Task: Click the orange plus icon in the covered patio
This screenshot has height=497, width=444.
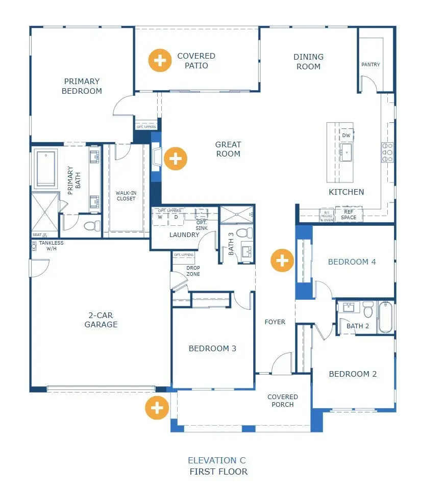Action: pyautogui.click(x=160, y=61)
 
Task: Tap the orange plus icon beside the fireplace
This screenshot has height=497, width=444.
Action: pyautogui.click(x=175, y=159)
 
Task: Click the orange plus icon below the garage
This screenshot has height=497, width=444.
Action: pyautogui.click(x=157, y=408)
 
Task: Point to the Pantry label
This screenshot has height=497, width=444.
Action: pyautogui.click(x=371, y=65)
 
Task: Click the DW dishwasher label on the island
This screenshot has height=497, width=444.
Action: pyautogui.click(x=346, y=136)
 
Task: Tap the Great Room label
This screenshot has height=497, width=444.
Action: pyautogui.click(x=228, y=149)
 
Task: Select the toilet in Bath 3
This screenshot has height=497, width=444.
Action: pyautogui.click(x=245, y=233)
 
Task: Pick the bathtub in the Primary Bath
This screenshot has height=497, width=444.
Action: pyautogui.click(x=46, y=169)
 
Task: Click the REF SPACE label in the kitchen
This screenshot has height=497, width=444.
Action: pyautogui.click(x=349, y=215)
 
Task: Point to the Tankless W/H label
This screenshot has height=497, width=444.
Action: pyautogui.click(x=51, y=246)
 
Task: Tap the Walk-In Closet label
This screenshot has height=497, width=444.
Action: pyautogui.click(x=126, y=195)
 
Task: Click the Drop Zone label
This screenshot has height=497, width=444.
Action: pyautogui.click(x=193, y=271)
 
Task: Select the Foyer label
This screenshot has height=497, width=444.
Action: pyautogui.click(x=275, y=322)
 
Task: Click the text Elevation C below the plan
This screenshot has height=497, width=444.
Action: pyautogui.click(x=216, y=460)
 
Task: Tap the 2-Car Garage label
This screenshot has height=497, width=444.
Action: pyautogui.click(x=101, y=320)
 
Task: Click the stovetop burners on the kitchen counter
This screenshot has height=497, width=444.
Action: pyautogui.click(x=387, y=152)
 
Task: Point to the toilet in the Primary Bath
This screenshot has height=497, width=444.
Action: pyautogui.click(x=91, y=225)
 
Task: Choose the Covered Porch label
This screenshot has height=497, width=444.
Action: pyautogui.click(x=282, y=401)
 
